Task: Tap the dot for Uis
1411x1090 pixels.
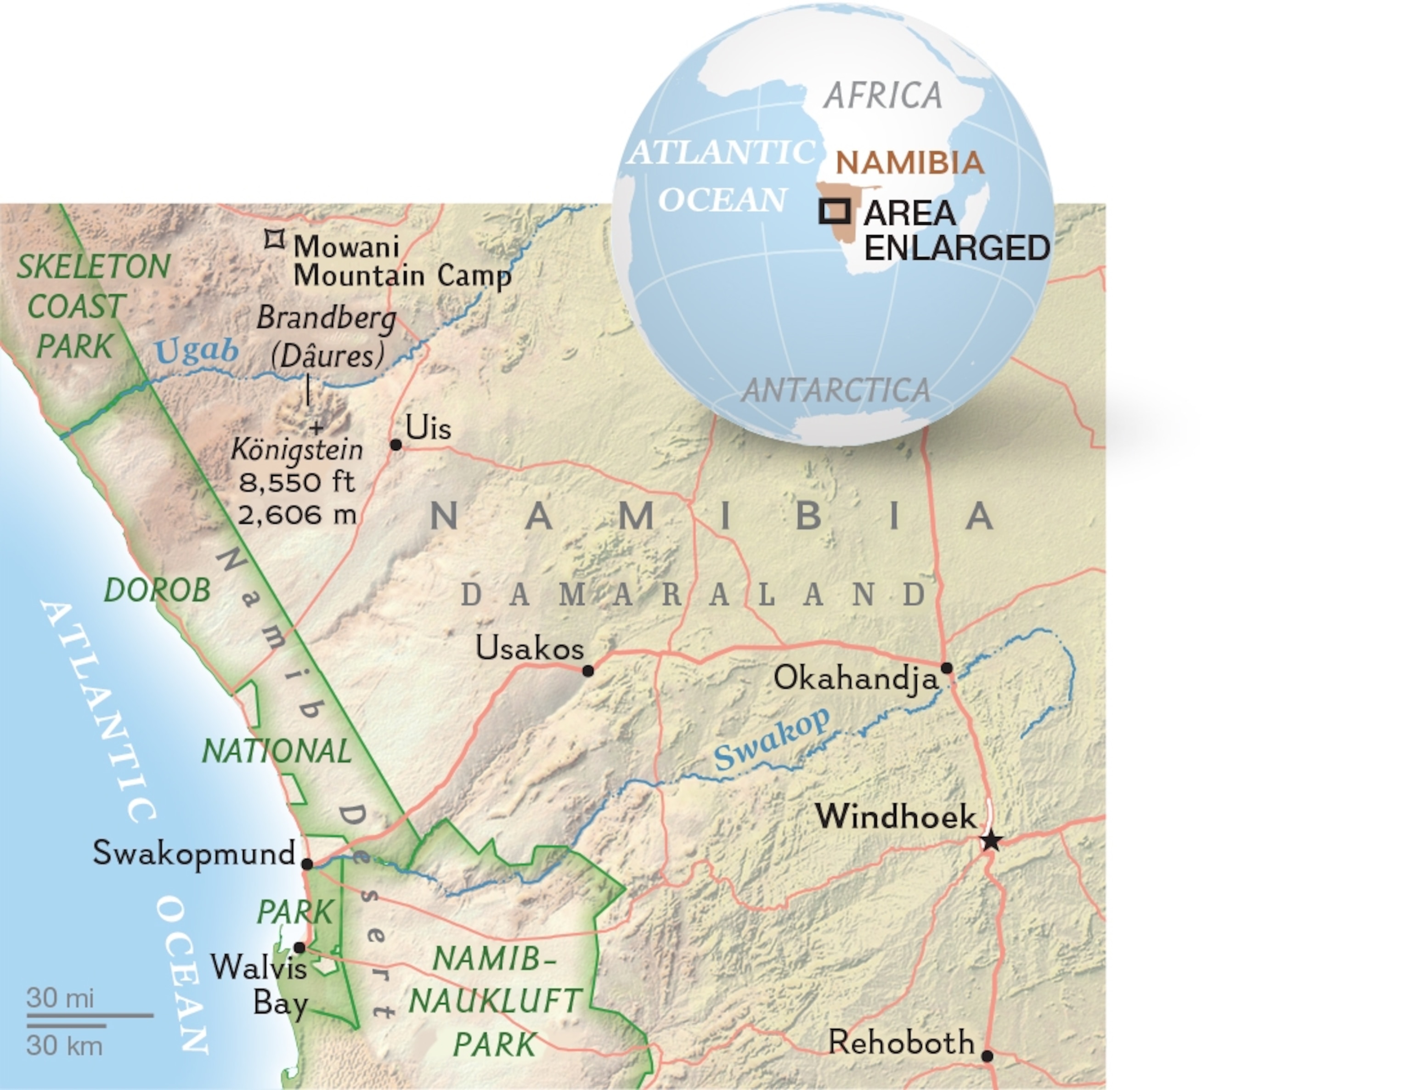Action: [396, 445]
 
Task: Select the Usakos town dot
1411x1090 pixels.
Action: [588, 671]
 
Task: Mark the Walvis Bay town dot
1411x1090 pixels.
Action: [299, 947]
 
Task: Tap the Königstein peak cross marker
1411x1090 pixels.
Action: [316, 428]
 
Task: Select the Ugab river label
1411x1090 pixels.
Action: [197, 351]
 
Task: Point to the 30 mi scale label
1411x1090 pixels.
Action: [60, 998]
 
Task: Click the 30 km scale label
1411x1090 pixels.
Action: [64, 1046]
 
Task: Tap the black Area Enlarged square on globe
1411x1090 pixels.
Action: [834, 211]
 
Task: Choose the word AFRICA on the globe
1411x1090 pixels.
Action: [882, 96]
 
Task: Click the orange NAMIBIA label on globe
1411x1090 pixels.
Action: [909, 162]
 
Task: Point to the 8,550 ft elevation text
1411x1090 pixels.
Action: [297, 482]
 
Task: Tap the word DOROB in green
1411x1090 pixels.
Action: [158, 590]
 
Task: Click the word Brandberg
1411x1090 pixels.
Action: [326, 318]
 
